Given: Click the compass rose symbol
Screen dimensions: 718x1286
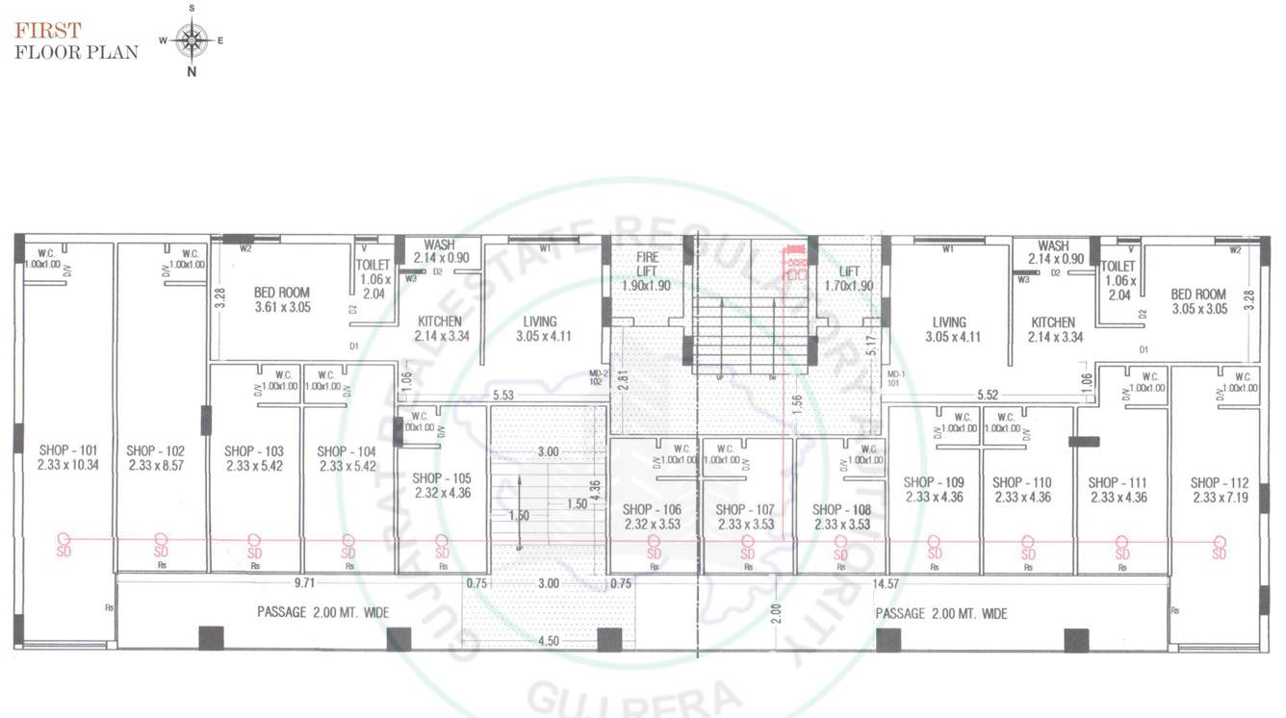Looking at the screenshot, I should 192,40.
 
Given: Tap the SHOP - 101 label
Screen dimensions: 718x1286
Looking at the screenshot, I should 68,457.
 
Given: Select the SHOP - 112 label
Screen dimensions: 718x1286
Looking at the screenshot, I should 1219,490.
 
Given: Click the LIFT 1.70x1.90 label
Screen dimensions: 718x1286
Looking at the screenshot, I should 849,279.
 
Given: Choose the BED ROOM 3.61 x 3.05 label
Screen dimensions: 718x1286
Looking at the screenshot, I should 282,299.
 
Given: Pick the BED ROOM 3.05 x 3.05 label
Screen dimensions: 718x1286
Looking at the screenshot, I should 1198,301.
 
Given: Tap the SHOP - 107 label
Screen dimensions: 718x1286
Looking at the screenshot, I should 746,517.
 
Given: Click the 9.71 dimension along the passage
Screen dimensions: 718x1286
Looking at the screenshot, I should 305,583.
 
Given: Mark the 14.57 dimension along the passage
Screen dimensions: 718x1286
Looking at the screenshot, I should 886,583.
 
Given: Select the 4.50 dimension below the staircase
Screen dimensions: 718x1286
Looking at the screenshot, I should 549,641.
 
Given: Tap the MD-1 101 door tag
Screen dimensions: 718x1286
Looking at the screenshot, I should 896,378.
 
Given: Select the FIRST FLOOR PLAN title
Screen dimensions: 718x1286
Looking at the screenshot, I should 76,41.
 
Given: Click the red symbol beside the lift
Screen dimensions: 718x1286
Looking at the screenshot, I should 795,263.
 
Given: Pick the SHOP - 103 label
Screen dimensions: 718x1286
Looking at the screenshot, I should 254,457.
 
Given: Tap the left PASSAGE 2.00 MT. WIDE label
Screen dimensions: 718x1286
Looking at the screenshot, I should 322,612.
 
